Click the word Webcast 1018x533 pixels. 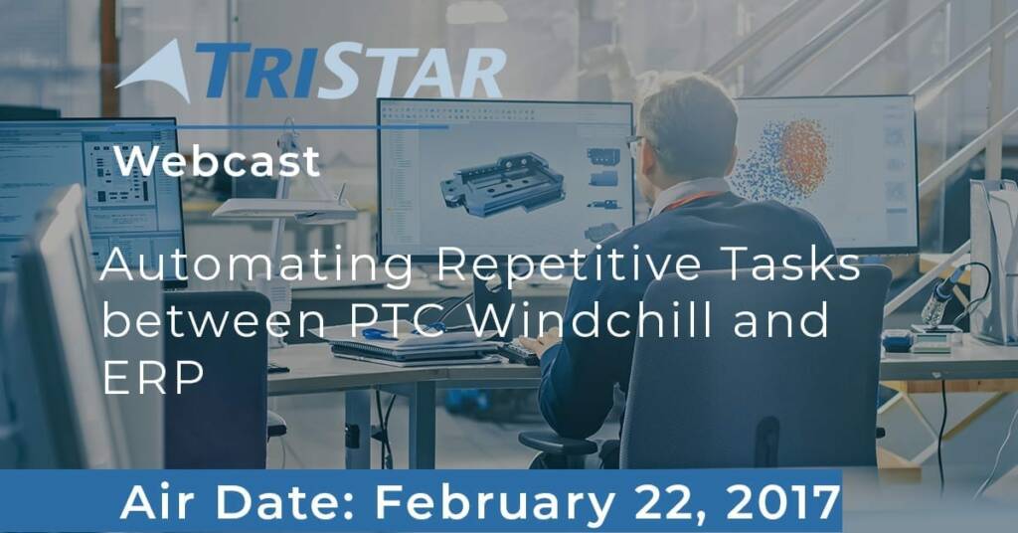pos(218,161)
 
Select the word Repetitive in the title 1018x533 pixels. pos(568,266)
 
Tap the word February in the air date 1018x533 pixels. pos(494,502)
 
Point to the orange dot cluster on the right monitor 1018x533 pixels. pos(802,157)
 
